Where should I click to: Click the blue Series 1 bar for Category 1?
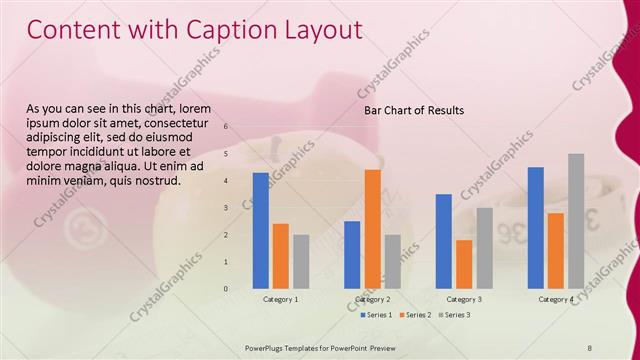[260, 230]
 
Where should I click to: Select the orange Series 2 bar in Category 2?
[372, 229]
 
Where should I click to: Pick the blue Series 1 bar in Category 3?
[444, 241]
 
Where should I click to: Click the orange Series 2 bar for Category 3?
[464, 264]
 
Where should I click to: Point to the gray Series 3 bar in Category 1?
[301, 261]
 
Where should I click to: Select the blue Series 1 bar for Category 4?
[536, 227]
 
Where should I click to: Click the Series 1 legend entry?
[375, 315]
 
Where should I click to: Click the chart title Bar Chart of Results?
[413, 110]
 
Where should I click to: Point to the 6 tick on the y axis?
[226, 127]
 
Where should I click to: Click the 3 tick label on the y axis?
[226, 208]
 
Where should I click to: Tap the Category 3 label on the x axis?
[464, 299]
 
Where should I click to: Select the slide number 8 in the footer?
[590, 347]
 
